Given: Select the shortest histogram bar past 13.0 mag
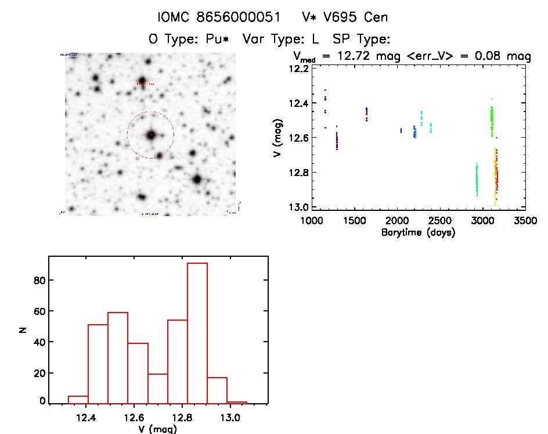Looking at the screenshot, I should pyautogui.click(x=237, y=402).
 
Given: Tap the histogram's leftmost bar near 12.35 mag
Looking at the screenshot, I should pyautogui.click(x=78, y=399).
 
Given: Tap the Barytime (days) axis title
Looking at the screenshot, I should pyautogui.click(x=418, y=232).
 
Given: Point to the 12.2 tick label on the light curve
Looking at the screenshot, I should pyautogui.click(x=300, y=69).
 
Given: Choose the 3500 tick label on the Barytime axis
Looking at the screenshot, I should pyautogui.click(x=525, y=221).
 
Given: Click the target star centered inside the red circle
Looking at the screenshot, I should pyautogui.click(x=150, y=134).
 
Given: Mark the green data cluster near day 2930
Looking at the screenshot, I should pyautogui.click(x=477, y=180).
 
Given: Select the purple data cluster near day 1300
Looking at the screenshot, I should pyautogui.click(x=337, y=141).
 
